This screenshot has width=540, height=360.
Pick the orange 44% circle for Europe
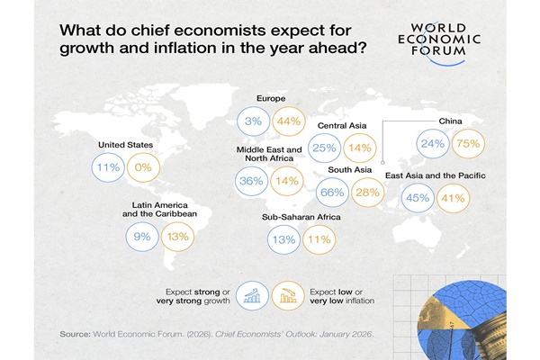click(287, 119)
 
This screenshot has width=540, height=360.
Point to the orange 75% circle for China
click(467, 142)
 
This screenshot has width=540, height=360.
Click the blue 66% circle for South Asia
click(334, 193)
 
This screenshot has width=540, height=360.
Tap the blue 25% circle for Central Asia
click(324, 147)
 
